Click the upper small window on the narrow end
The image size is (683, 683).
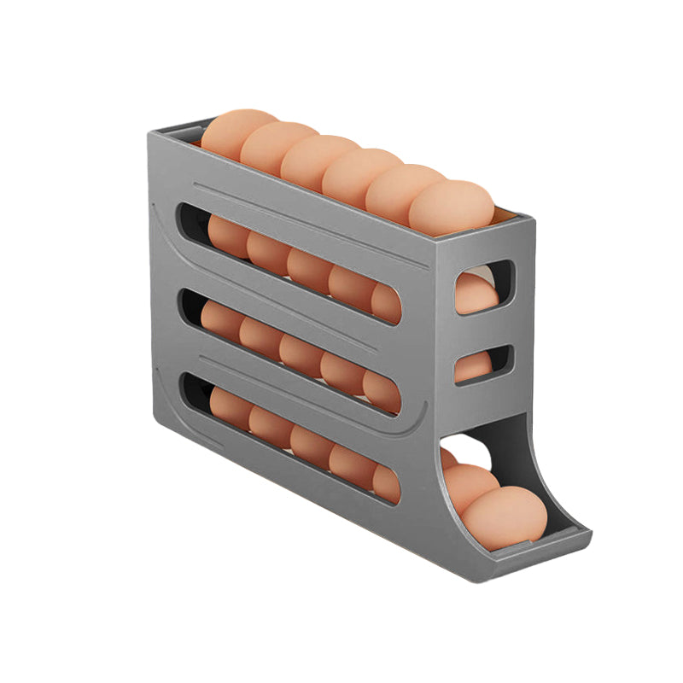pyautogui.click(x=483, y=287)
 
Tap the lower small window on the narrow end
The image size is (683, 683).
pyautogui.click(x=483, y=365)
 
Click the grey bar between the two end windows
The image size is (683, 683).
pyautogui.click(x=483, y=329)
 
